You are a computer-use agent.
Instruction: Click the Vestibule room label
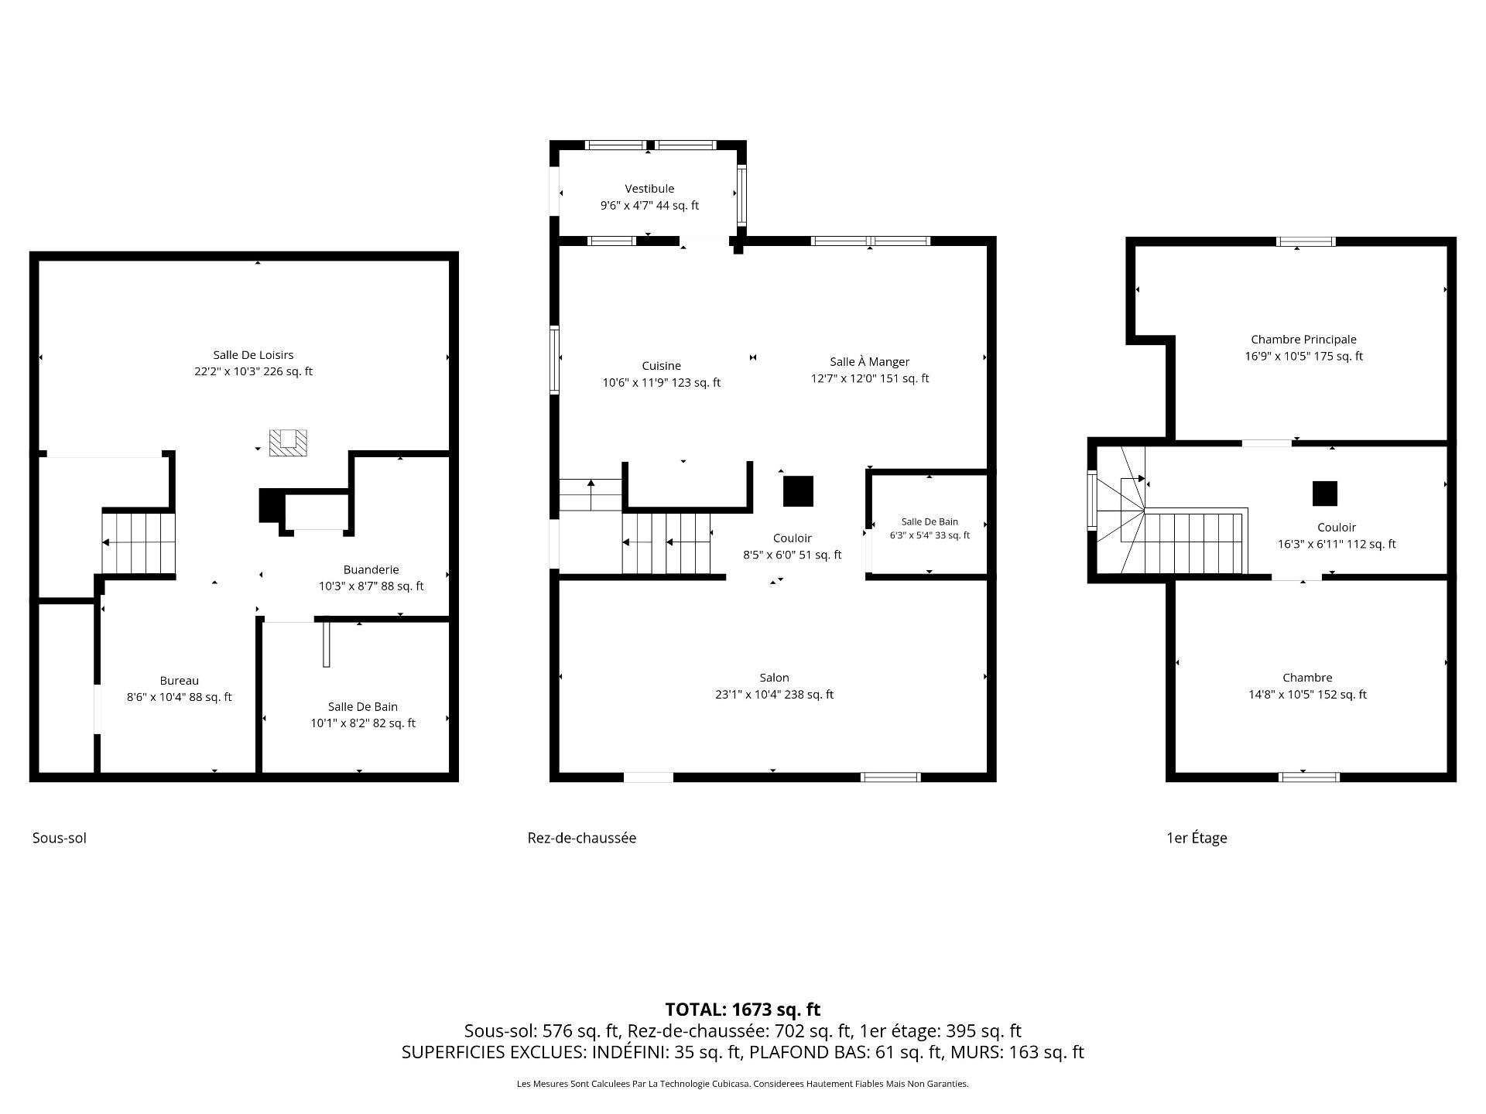[649, 189]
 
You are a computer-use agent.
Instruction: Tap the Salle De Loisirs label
[253, 355]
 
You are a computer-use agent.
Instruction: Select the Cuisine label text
[661, 366]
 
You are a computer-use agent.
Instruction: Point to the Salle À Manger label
[869, 362]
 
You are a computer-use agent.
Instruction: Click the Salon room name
[774, 678]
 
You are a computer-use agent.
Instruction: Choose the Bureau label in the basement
[179, 681]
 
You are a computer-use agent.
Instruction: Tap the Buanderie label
[371, 570]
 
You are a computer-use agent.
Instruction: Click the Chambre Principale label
[1303, 340]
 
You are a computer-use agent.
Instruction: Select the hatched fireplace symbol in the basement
[288, 443]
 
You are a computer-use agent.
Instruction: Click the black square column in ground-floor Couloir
[798, 491]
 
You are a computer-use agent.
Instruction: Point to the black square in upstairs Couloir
[1324, 494]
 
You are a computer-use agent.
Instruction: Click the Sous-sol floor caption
[60, 838]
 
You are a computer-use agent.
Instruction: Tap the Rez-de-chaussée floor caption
[582, 838]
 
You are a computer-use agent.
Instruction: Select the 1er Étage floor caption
[1197, 838]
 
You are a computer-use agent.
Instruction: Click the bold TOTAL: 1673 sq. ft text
[743, 1010]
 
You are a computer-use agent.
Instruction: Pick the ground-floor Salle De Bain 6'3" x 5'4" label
[930, 528]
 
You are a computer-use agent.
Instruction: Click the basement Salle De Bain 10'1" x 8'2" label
[363, 715]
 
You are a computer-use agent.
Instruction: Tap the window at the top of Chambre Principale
[1306, 241]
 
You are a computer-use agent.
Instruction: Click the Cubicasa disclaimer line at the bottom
[743, 1084]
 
